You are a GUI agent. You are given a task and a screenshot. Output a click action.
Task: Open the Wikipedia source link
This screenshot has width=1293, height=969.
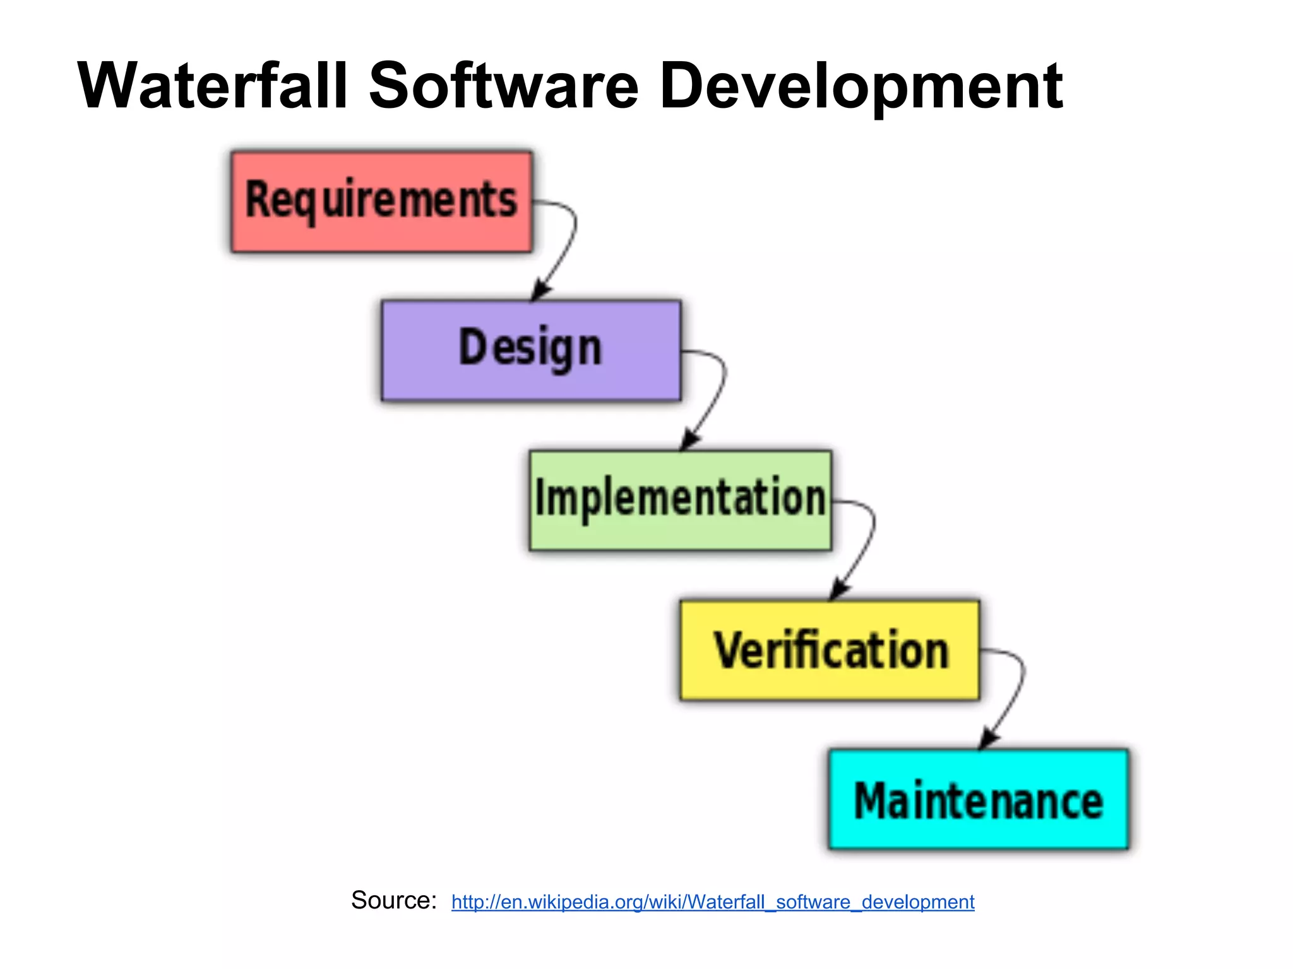tap(713, 902)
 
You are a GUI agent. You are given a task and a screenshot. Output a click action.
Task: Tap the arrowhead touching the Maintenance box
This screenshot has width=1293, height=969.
tap(988, 739)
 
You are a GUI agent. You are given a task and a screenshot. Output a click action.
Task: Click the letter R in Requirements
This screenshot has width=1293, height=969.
tap(258, 199)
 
